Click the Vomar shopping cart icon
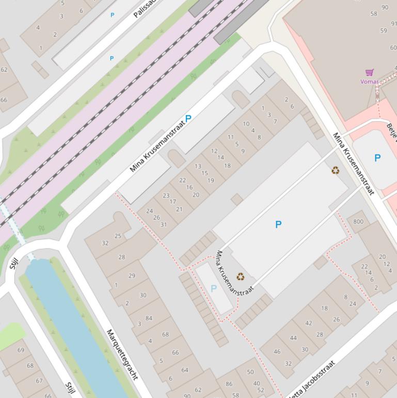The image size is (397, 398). [369, 72]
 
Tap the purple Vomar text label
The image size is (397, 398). [369, 82]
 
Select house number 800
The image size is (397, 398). [358, 222]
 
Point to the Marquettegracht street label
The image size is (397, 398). [122, 354]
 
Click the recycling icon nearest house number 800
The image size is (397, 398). [336, 170]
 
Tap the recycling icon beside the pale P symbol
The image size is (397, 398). [240, 277]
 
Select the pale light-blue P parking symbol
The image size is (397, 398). [213, 288]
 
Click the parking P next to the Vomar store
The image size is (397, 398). [377, 158]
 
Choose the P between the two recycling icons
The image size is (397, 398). [278, 224]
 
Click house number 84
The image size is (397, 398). [149, 318]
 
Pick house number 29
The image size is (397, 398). [132, 275]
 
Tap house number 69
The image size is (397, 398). [21, 350]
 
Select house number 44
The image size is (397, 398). [293, 338]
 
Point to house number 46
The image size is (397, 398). [277, 351]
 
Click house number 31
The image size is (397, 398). [164, 224]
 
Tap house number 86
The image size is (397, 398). [229, 384]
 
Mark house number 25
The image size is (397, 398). [118, 236]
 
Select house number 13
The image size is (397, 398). [198, 166]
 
